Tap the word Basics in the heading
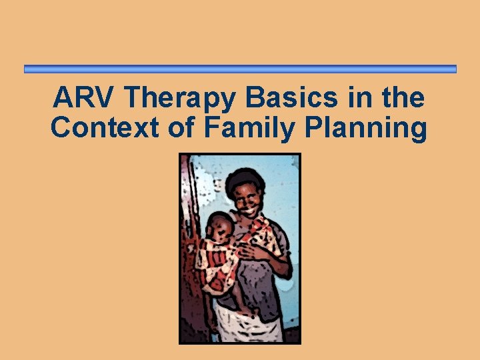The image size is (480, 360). pyautogui.click(x=294, y=98)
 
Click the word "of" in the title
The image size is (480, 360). pyautogui.click(x=180, y=127)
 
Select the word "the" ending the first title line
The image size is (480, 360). pyautogui.click(x=403, y=98)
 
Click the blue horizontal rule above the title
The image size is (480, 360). pyautogui.click(x=240, y=69)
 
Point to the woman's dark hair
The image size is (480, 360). pyautogui.click(x=244, y=179)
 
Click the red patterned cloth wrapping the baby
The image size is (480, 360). pyautogui.click(x=217, y=263)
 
